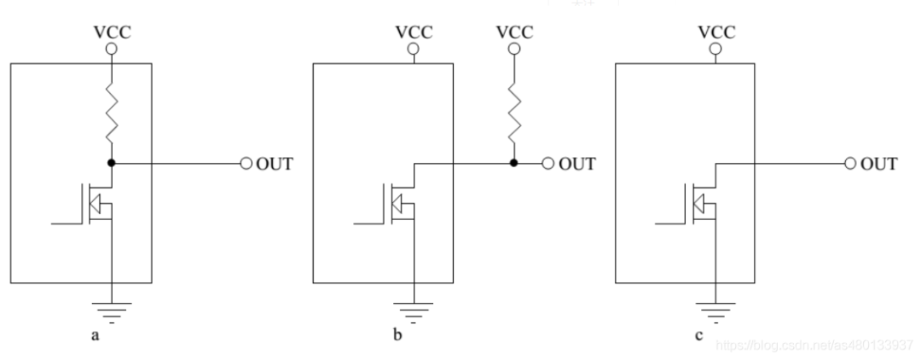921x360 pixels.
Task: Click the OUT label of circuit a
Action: pyautogui.click(x=274, y=164)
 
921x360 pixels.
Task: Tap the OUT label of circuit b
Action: pyautogui.click(x=576, y=164)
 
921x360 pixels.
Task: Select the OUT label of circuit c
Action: pyautogui.click(x=878, y=164)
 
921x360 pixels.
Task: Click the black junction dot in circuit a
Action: pyautogui.click(x=112, y=162)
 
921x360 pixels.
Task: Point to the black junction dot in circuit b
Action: pyautogui.click(x=513, y=162)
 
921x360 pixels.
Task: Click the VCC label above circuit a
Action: pyautogui.click(x=112, y=32)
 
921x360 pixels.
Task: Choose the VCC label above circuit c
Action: pyautogui.click(x=716, y=32)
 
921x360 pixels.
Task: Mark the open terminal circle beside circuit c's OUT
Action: pyautogui.click(x=849, y=163)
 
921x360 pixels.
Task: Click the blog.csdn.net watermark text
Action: pyautogui.click(x=814, y=345)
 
